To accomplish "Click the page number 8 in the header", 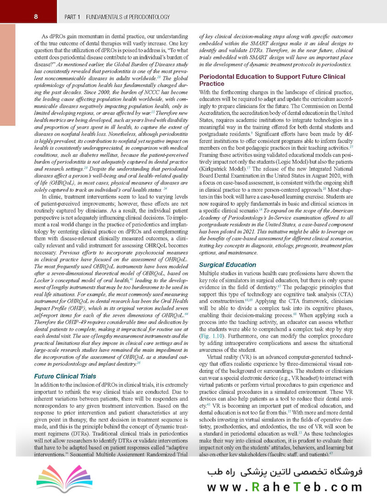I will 36,17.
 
